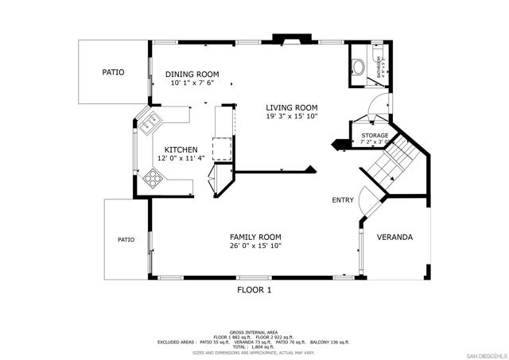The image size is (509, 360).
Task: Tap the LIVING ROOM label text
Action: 292,107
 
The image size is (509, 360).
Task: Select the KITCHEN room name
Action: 181,149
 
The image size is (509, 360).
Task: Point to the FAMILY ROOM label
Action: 255,237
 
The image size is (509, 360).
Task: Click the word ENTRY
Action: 343,200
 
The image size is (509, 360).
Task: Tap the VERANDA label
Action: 394,237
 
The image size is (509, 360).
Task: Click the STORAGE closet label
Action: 375,136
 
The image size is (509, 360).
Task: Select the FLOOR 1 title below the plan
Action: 254,290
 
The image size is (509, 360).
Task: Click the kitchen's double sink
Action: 150,122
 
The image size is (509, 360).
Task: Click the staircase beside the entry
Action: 392,163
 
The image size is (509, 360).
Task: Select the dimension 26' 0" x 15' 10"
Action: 255,246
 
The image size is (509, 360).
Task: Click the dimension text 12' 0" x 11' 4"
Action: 181,158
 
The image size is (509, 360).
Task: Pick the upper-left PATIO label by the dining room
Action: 114,72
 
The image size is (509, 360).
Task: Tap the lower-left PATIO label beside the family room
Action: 126,239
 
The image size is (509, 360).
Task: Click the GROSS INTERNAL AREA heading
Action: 254,331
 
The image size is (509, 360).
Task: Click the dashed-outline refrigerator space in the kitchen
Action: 222,148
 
